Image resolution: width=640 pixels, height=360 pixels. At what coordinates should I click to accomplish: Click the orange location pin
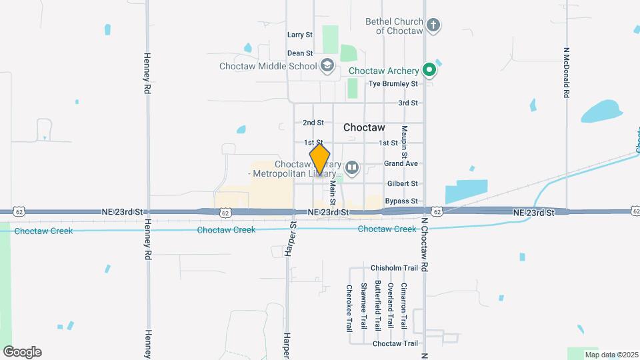pos(320,159)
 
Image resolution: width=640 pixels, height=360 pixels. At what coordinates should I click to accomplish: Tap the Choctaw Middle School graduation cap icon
pos(327,65)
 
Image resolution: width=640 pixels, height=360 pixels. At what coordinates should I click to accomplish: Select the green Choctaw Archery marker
pos(430,70)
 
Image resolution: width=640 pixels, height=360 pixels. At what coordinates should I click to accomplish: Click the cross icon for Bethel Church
pos(433,26)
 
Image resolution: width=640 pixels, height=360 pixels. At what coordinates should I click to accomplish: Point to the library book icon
pos(352,167)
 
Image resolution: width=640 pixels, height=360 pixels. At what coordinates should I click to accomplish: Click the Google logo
pos(22,352)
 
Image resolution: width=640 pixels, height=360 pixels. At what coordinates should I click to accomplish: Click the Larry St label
pos(300,35)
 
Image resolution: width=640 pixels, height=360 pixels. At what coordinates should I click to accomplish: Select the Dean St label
pos(300,53)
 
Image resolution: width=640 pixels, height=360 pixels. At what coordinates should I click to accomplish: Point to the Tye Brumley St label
pos(393,84)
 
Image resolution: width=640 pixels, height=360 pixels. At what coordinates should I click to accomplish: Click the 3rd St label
pos(407,103)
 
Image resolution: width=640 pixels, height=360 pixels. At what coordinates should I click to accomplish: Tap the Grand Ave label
pos(401,163)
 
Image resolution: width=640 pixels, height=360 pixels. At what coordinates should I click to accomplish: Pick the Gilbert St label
pos(402,183)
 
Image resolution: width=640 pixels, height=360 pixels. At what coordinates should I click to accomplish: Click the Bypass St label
pos(401,201)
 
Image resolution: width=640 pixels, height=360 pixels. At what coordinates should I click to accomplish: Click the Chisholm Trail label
pos(394,268)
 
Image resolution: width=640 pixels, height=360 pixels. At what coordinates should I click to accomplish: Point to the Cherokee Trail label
pos(349,309)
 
